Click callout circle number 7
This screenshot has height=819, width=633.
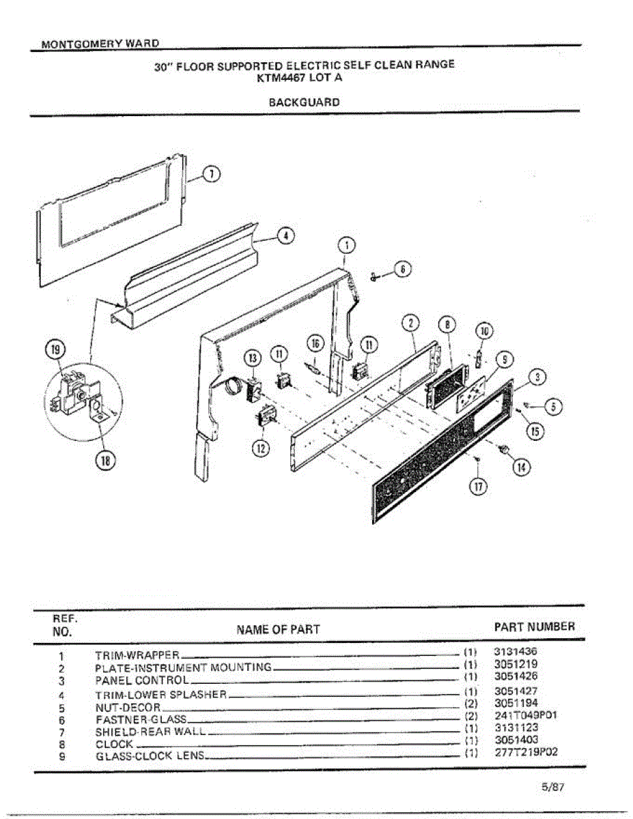(x=213, y=174)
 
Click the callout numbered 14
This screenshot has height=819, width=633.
(x=522, y=468)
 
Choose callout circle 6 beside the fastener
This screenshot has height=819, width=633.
(x=404, y=269)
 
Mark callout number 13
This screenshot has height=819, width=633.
(x=253, y=358)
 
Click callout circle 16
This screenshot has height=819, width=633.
(x=315, y=343)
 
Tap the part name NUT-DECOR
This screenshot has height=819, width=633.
(x=128, y=707)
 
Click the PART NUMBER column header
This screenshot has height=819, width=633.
(x=534, y=627)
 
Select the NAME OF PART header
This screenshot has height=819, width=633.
(x=278, y=629)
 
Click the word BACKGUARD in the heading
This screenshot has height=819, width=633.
(x=304, y=102)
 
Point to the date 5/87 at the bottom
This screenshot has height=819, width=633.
(x=552, y=786)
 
